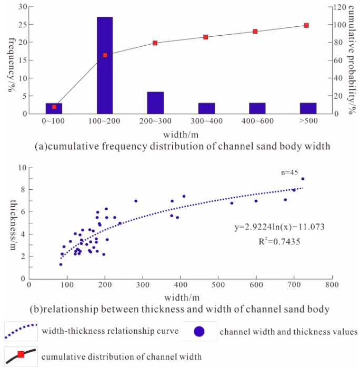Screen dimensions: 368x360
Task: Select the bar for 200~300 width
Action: click(155, 103)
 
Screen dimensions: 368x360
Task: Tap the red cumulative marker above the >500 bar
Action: click(306, 25)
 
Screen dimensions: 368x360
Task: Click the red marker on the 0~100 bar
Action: click(54, 107)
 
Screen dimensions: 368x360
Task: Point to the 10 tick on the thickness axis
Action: click(22, 168)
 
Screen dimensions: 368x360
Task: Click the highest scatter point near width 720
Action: click(303, 179)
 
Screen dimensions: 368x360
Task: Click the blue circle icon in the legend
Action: click(200, 331)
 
